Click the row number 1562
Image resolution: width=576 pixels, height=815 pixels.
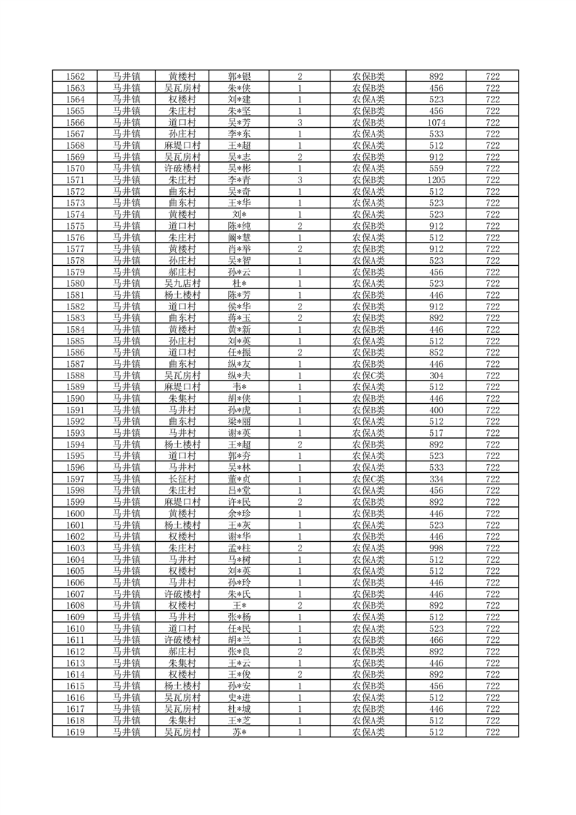tap(76, 76)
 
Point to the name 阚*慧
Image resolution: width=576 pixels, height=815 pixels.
tap(239, 237)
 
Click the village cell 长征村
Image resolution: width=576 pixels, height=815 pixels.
tap(182, 479)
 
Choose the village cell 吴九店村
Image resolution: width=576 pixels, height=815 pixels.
tap(182, 283)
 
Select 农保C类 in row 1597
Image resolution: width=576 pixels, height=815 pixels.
tap(368, 479)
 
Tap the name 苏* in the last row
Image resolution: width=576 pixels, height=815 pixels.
tap(239, 732)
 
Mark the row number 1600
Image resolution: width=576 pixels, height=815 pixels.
tap(76, 513)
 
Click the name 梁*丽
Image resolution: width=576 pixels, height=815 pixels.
tap(239, 421)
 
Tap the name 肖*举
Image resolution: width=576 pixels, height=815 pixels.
tap(239, 248)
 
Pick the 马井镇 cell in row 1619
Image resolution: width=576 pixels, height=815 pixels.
tap(126, 732)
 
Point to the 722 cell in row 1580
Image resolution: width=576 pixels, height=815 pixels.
tap(492, 283)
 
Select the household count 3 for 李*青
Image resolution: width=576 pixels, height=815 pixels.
tap(299, 179)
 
